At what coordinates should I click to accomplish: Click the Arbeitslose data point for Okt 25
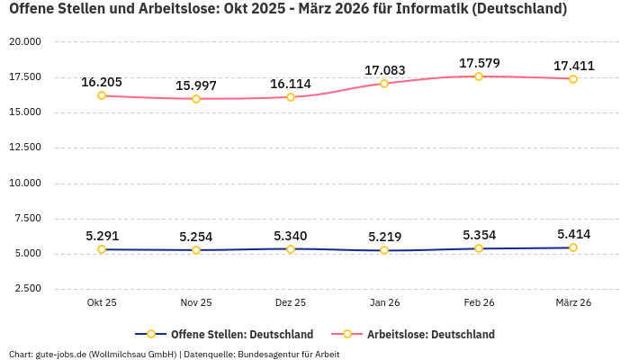tap(102, 95)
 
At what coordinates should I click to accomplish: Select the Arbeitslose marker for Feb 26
tap(479, 76)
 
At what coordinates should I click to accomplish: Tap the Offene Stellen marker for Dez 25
tap(291, 248)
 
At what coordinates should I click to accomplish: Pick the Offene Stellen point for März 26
tap(573, 247)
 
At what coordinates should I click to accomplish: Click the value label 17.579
tap(479, 63)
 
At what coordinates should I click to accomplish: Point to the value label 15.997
tap(196, 85)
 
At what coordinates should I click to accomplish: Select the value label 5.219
tap(384, 237)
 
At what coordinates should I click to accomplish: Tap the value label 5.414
tap(573, 234)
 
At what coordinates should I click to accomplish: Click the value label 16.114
tap(291, 84)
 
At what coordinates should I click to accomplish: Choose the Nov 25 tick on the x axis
tap(196, 302)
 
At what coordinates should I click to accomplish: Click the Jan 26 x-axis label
tap(384, 302)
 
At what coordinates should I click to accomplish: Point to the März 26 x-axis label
tap(573, 302)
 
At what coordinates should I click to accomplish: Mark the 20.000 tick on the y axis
tap(25, 42)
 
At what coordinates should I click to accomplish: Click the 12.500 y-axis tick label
tap(25, 148)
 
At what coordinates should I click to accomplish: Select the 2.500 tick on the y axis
tap(28, 289)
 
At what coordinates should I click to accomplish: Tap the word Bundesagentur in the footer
tap(269, 354)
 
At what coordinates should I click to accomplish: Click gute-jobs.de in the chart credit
tap(60, 354)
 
